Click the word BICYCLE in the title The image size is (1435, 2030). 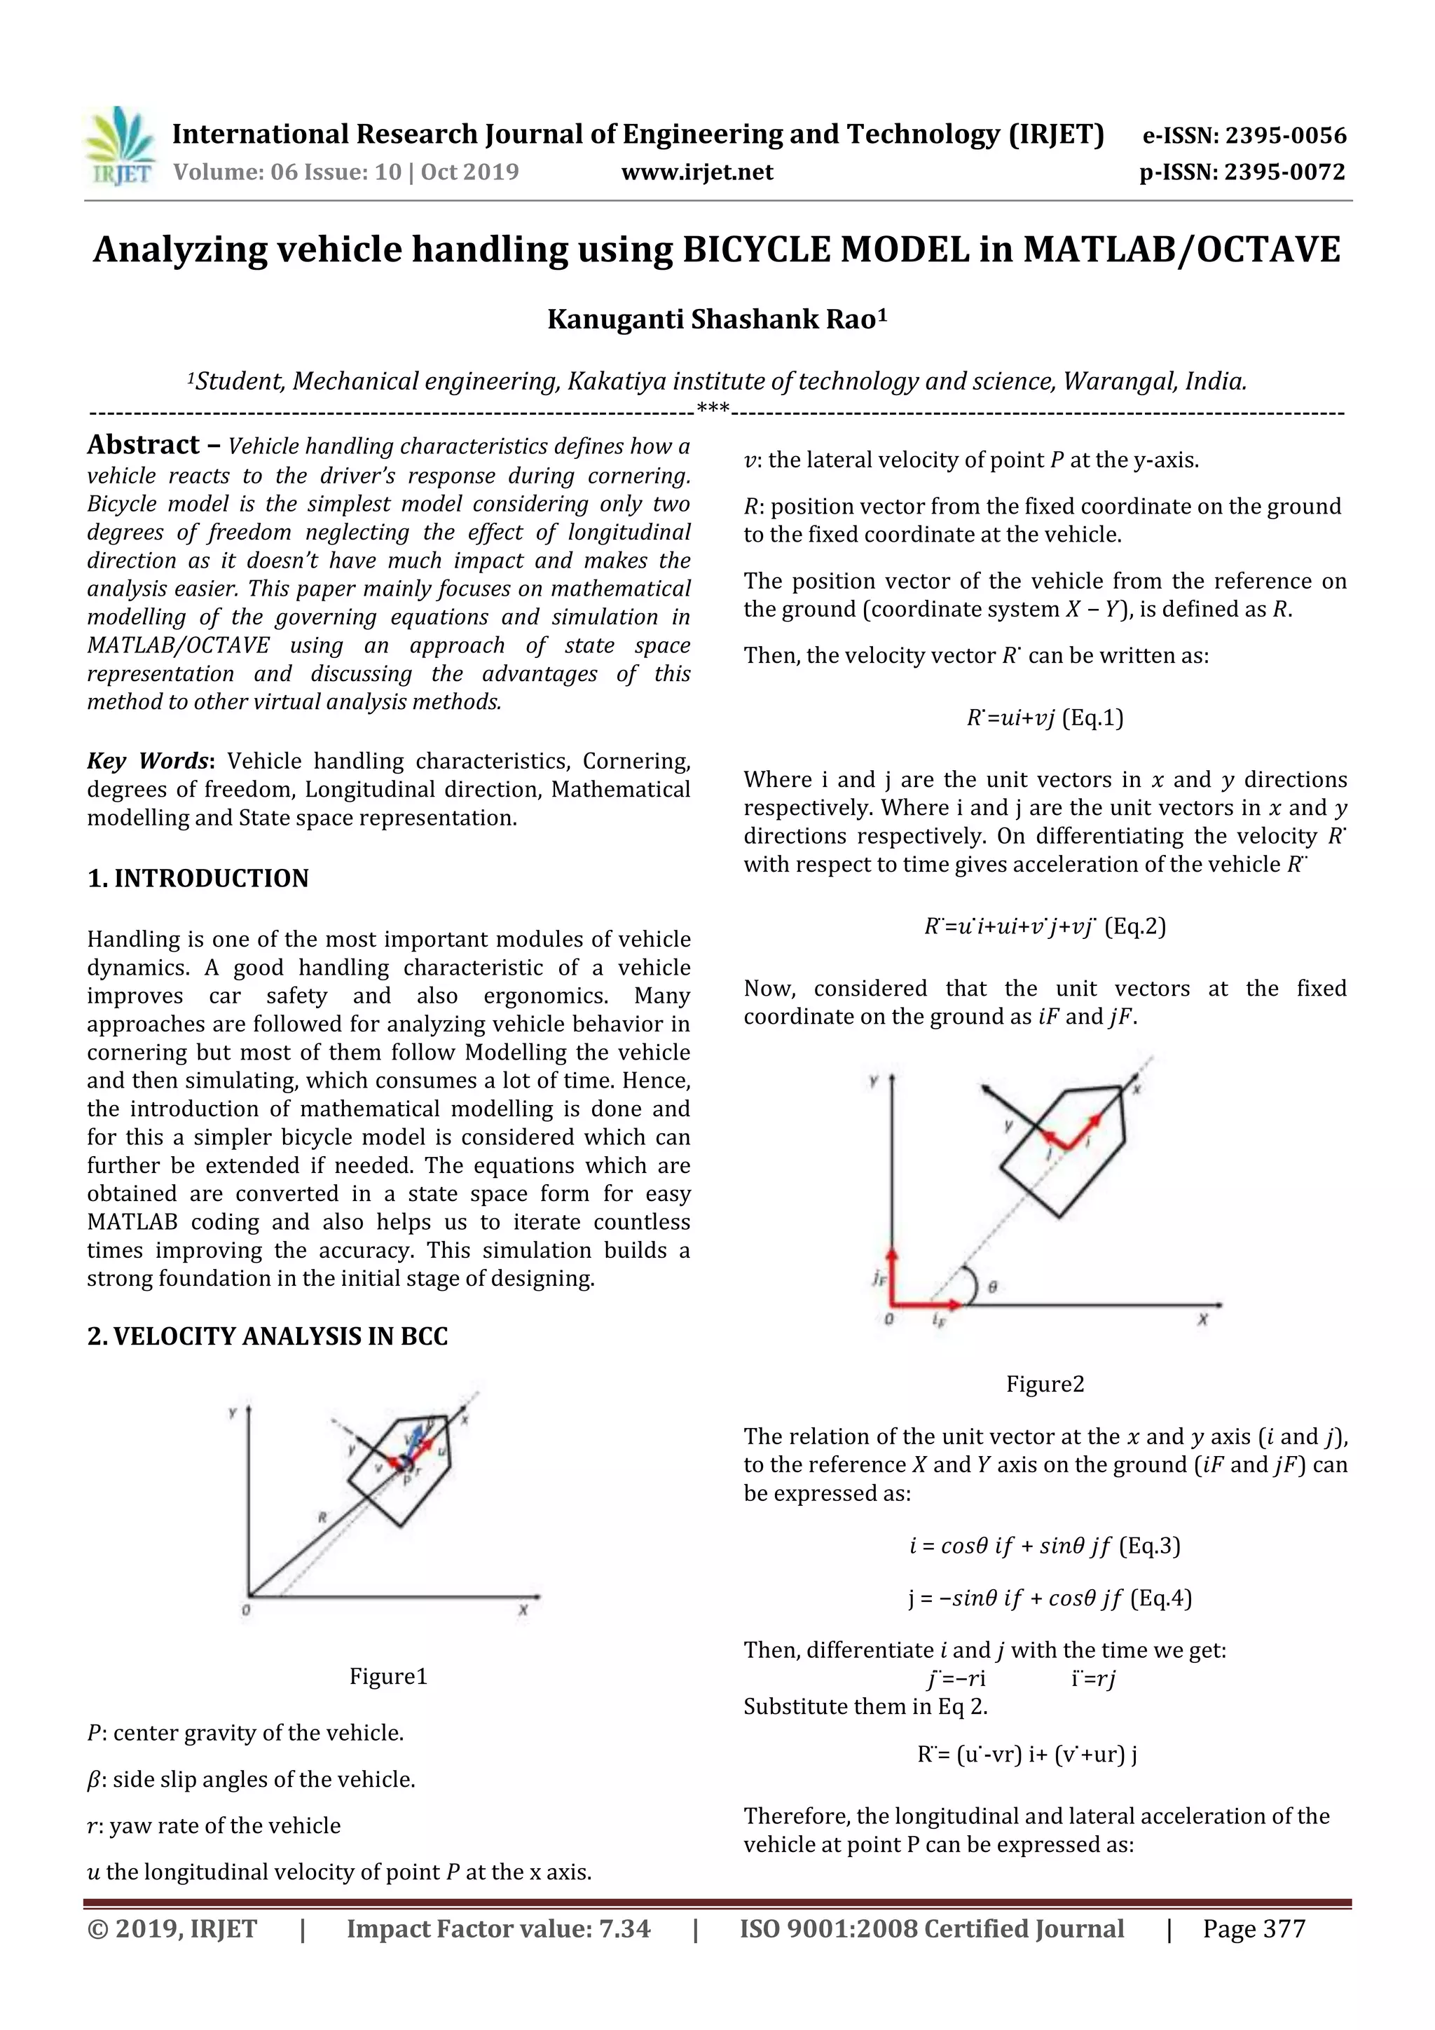(757, 250)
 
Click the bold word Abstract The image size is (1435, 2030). (143, 445)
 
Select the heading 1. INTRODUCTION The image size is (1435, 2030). (198, 878)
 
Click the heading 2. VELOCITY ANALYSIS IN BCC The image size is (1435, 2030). (267, 1336)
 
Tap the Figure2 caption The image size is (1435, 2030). (1044, 1384)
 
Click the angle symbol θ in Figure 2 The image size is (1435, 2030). (993, 1287)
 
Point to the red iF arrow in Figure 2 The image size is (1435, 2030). (928, 1303)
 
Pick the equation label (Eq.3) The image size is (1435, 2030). (1149, 1546)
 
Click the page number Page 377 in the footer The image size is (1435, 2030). (1253, 1929)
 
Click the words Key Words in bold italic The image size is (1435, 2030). (148, 761)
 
